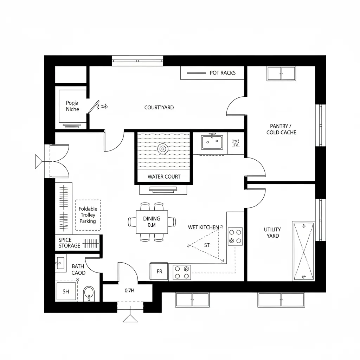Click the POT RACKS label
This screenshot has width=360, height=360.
coord(223,73)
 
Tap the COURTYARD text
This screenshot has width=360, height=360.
coord(159,108)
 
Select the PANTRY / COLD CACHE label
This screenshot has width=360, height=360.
coord(281,129)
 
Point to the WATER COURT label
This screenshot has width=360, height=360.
coord(164,176)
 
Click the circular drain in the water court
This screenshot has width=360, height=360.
coord(162,149)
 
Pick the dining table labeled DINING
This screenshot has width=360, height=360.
coord(152,222)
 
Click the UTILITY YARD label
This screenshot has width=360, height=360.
coord(272,232)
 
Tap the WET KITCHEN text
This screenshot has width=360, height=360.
coord(203,227)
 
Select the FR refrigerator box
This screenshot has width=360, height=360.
coord(159,271)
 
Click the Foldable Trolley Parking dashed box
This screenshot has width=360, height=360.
coord(88,215)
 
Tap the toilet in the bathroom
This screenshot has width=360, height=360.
coord(89,293)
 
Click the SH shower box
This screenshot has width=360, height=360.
coord(66,291)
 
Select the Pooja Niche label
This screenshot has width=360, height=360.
coord(72,106)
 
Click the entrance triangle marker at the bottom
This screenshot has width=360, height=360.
coord(130,318)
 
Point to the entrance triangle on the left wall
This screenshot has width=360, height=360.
coord(38,162)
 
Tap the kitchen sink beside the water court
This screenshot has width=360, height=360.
coord(212,142)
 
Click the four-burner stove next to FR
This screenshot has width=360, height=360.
coord(182,272)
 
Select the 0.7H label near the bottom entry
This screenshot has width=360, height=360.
coord(130,291)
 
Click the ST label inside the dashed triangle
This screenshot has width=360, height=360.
coord(207,245)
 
